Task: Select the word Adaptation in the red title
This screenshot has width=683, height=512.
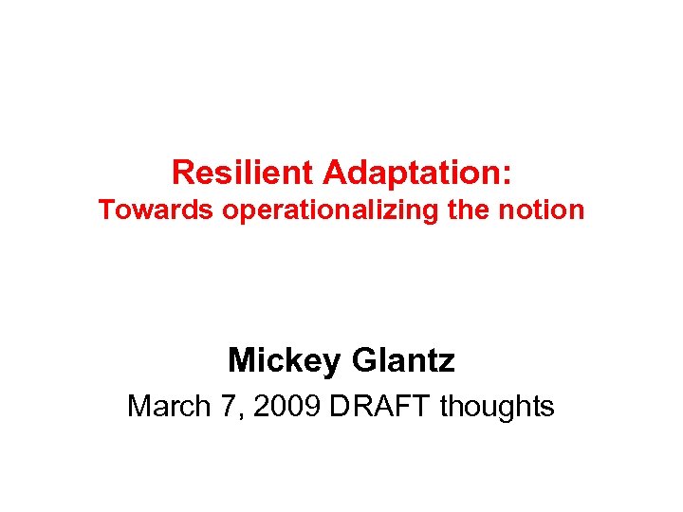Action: (413, 173)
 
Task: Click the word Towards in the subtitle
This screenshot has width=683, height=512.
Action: (157, 210)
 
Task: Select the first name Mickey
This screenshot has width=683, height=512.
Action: (286, 360)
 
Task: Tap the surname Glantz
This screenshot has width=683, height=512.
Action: (403, 360)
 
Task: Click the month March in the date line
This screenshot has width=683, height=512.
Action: (168, 407)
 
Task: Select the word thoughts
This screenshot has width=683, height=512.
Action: (498, 407)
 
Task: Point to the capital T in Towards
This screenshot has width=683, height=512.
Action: (105, 210)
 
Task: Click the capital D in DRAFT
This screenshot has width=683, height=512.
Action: (339, 407)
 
